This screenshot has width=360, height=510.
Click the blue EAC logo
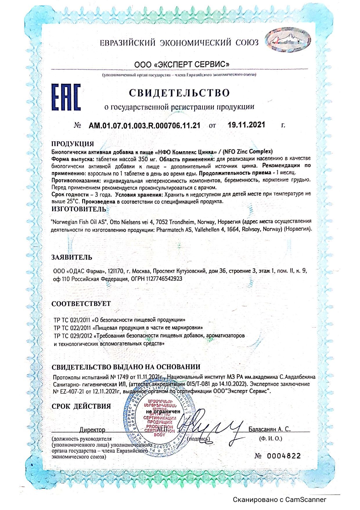pyautogui.click(x=66, y=97)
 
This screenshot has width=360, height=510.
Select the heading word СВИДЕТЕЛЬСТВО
pyautogui.click(x=179, y=93)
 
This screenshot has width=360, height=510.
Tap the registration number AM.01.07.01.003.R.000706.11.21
pyautogui.click(x=144, y=126)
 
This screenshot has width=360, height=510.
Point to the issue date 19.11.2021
pyautogui.click(x=246, y=125)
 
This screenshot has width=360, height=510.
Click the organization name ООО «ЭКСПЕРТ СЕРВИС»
pyautogui.click(x=182, y=65)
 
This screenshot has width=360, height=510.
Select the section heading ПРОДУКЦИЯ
pyautogui.click(x=73, y=144)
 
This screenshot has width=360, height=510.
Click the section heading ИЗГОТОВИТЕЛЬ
pyautogui.click(x=79, y=209)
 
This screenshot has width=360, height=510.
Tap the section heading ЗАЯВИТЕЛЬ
pyautogui.click(x=72, y=257)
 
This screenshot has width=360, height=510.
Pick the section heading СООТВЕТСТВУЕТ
pyautogui.click(x=81, y=304)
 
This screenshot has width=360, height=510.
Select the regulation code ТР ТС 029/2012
pyautogui.click(x=73, y=336)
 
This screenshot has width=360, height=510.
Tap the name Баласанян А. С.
pyautogui.click(x=269, y=429)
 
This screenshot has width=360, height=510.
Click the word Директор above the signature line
pyautogui.click(x=92, y=430)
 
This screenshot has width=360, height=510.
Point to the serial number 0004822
pyautogui.click(x=284, y=456)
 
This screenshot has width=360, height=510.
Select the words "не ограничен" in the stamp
pyautogui.click(x=163, y=411)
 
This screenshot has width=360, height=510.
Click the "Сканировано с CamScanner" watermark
pyautogui.click(x=280, y=500)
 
